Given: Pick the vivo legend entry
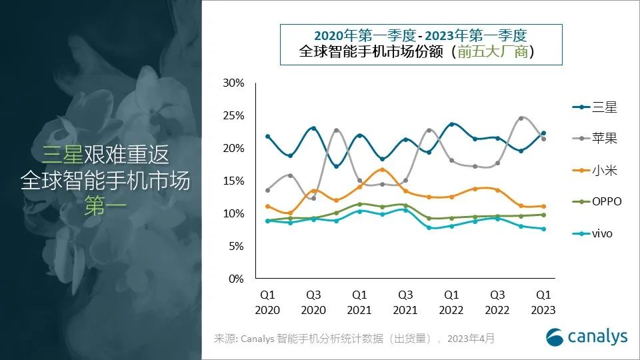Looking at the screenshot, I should click(593, 233).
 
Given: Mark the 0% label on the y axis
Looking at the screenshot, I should click(237, 279).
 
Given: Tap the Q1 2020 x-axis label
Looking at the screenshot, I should click(267, 302).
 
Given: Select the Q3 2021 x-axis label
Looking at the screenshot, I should click(405, 302).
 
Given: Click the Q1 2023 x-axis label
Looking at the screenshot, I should click(543, 302).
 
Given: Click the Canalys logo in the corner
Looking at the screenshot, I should click(587, 337).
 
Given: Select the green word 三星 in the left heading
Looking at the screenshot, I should click(63, 155).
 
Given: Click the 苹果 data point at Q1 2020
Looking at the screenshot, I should click(267, 190).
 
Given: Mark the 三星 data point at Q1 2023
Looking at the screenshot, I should click(543, 133).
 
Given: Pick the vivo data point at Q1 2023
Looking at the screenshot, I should click(543, 229).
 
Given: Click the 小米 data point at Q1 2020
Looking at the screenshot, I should click(267, 207).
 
